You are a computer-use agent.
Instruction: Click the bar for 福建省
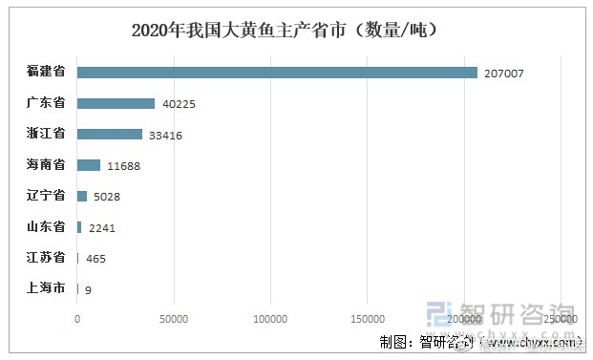(x=277, y=73)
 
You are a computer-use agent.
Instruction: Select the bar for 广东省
(x=116, y=103)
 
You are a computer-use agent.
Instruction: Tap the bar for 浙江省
(x=109, y=135)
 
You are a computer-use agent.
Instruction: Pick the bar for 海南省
(x=88, y=165)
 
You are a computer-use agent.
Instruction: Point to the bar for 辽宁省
(x=82, y=196)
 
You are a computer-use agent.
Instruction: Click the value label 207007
(x=504, y=74)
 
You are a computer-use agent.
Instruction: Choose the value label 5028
(x=105, y=197)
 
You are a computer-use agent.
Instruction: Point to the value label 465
(x=95, y=258)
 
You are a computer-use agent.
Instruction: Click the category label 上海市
(x=46, y=287)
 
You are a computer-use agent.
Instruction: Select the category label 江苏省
(x=46, y=257)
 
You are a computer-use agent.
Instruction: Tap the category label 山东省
(x=46, y=226)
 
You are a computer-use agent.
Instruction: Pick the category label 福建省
(x=46, y=73)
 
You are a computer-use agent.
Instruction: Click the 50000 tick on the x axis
(x=173, y=318)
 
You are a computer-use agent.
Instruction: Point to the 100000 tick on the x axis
(x=270, y=318)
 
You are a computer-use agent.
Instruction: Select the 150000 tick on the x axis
(x=368, y=318)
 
